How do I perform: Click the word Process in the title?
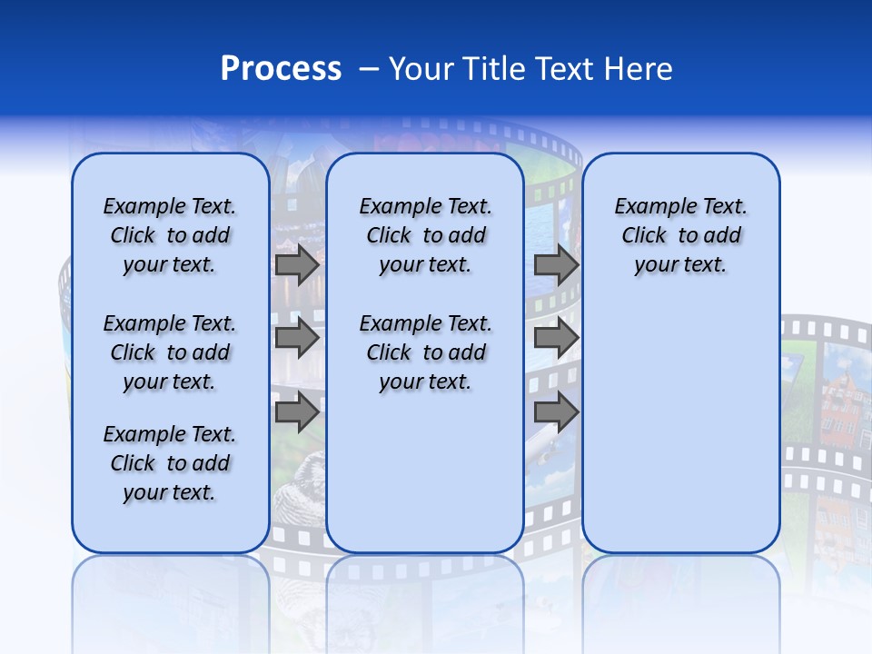click(x=281, y=68)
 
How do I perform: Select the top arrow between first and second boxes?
click(x=297, y=265)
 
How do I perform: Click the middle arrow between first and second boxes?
click(x=297, y=339)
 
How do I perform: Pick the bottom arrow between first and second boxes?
click(x=297, y=412)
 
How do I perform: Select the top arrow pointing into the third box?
click(x=556, y=265)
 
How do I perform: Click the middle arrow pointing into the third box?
click(x=556, y=339)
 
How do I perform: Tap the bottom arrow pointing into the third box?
click(x=556, y=412)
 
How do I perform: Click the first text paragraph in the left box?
click(x=170, y=235)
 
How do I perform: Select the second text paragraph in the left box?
click(x=170, y=352)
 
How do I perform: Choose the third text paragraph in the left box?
click(x=170, y=463)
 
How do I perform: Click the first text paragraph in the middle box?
click(x=425, y=235)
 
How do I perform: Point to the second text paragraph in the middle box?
click(x=425, y=352)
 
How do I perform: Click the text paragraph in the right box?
click(x=681, y=235)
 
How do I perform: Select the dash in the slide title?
click(x=369, y=68)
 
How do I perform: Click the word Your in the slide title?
click(x=419, y=68)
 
